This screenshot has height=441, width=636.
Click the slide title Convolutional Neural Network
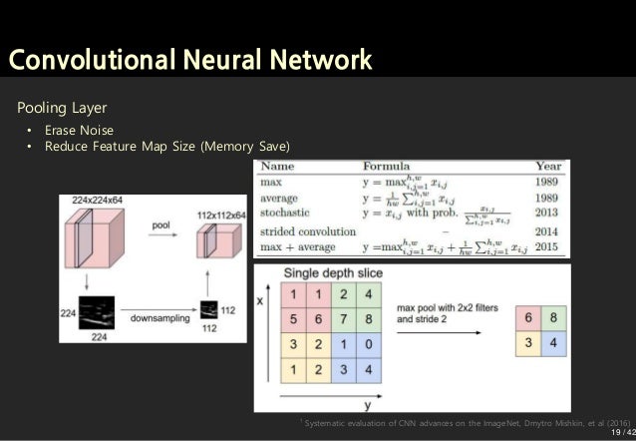189,60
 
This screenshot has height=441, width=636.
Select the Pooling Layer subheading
61,107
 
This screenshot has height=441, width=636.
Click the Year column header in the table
548,166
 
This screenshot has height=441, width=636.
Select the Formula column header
387,166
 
